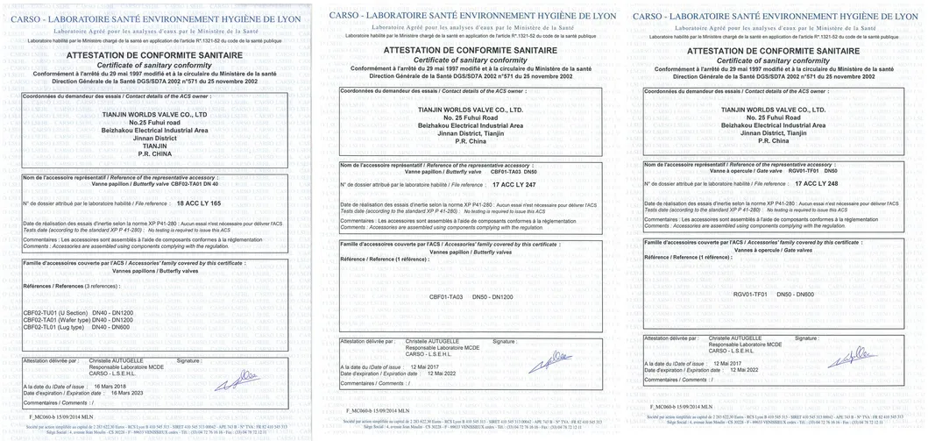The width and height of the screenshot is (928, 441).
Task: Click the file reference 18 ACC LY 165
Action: click(198, 203)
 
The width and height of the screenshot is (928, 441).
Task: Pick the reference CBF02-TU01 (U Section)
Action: click(55, 313)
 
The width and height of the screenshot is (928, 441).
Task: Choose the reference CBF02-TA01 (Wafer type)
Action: click(57, 320)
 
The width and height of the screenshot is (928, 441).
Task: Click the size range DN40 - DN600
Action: click(112, 326)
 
